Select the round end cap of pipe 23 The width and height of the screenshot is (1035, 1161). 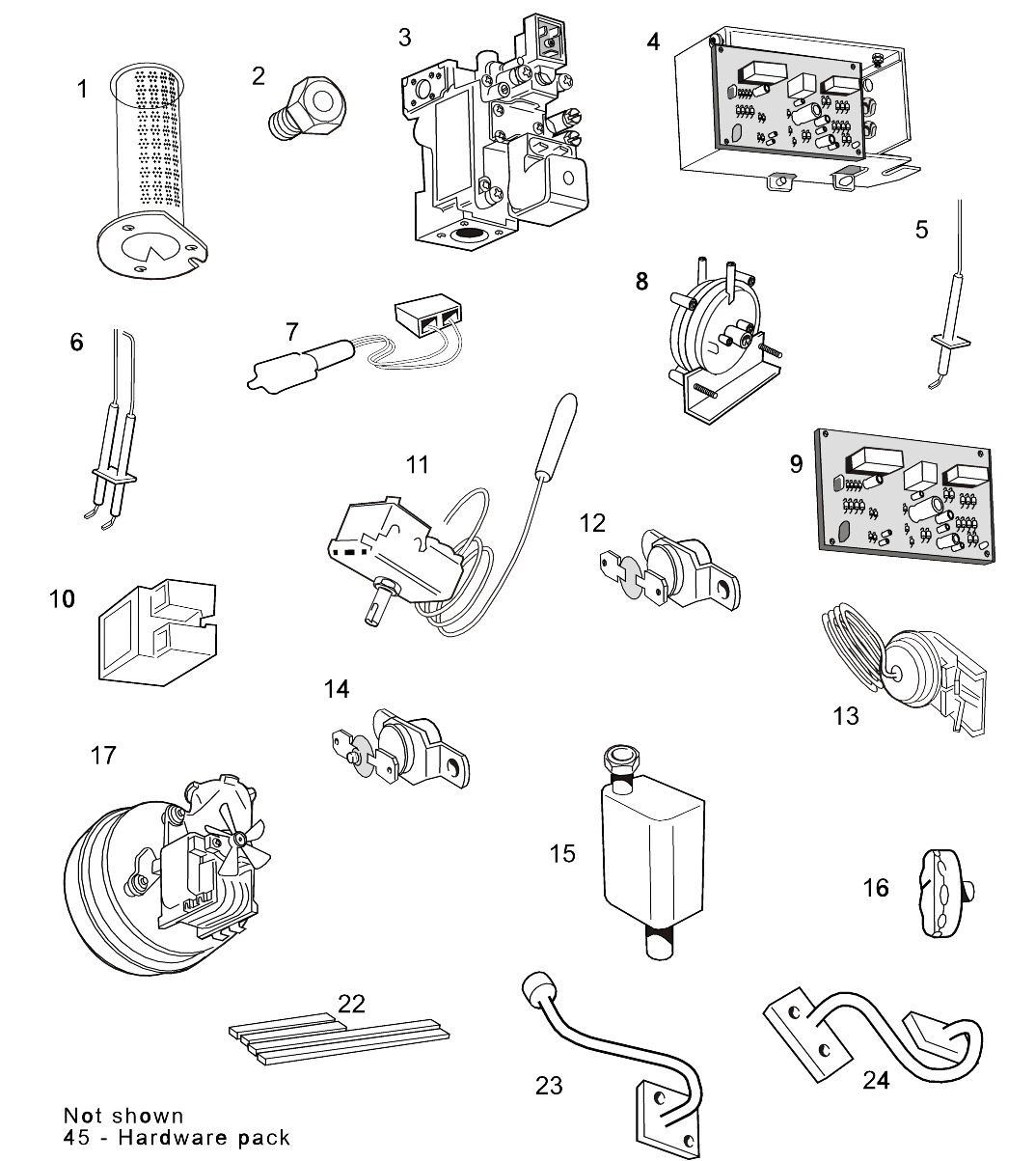click(x=533, y=988)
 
